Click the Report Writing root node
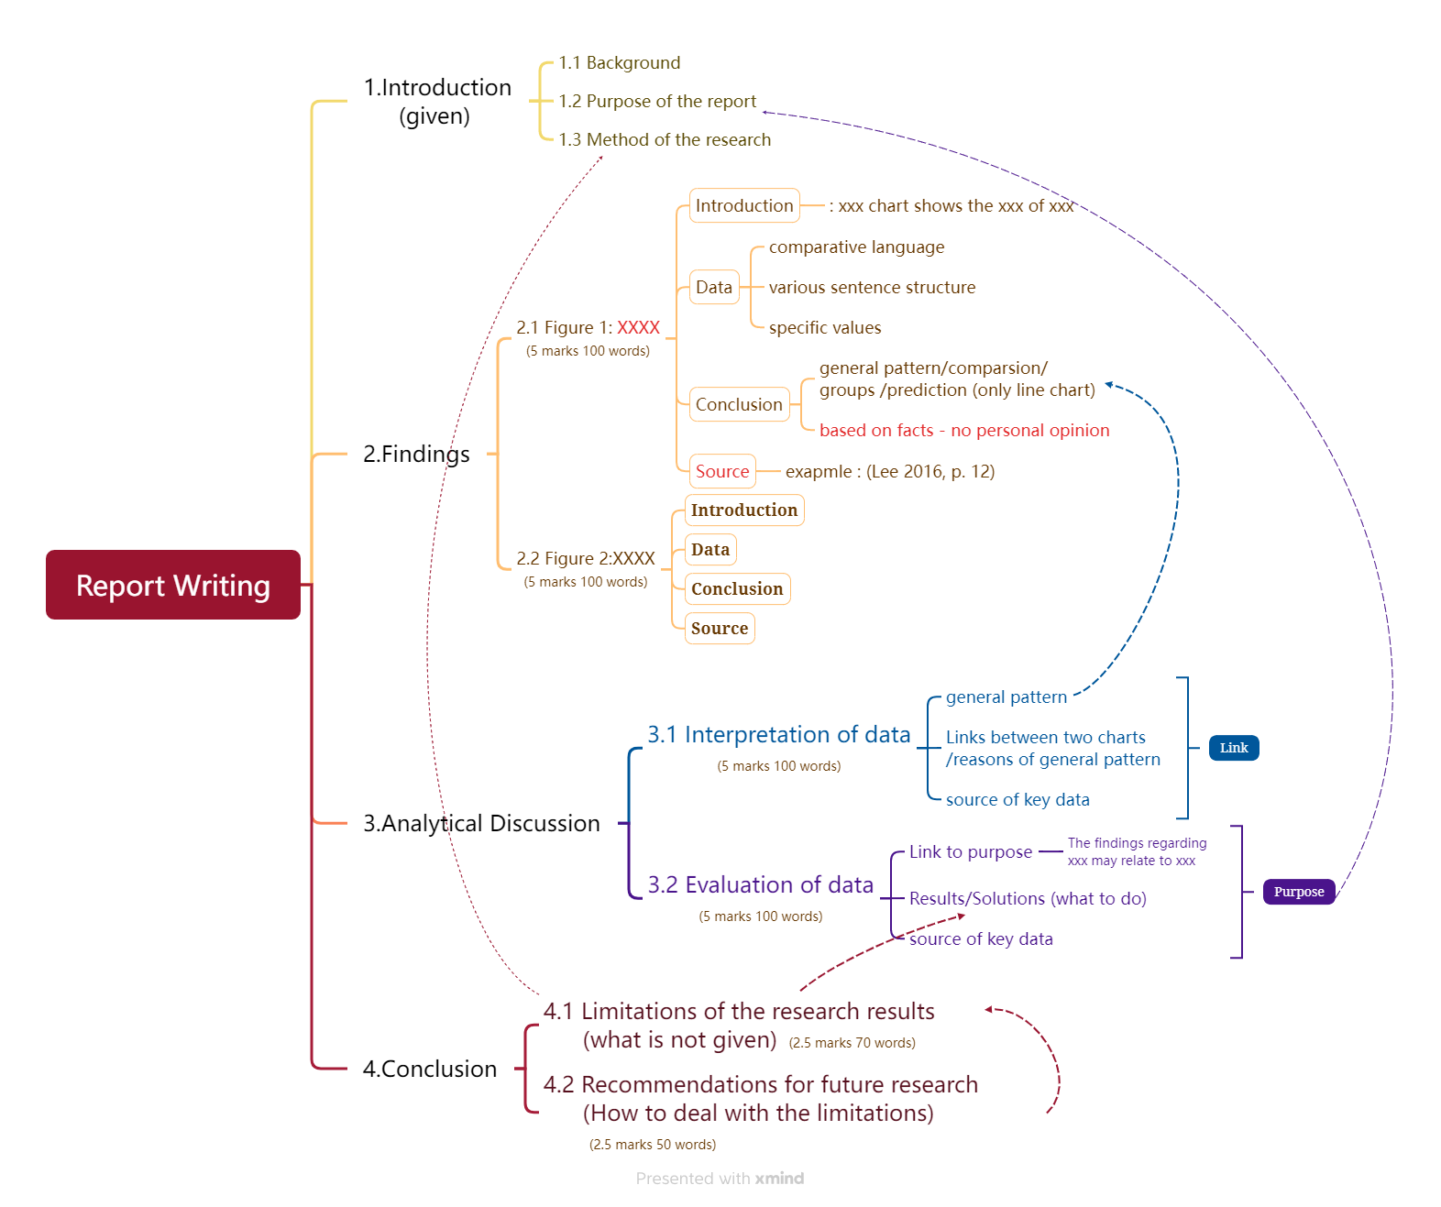pyautogui.click(x=173, y=585)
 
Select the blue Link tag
pyautogui.click(x=1233, y=748)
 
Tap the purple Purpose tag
pyautogui.click(x=1298, y=892)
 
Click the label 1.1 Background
pyautogui.click(x=620, y=63)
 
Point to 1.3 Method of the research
pyautogui.click(x=665, y=140)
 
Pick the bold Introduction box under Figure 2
pyautogui.click(x=743, y=510)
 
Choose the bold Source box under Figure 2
pyautogui.click(x=719, y=629)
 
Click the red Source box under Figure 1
pyautogui.click(x=721, y=472)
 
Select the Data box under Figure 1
pyautogui.click(x=713, y=288)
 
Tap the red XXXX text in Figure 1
pyautogui.click(x=638, y=328)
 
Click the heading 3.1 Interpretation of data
pyautogui.click(x=778, y=735)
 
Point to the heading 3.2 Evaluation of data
pyautogui.click(x=760, y=885)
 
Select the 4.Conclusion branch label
pyautogui.click(x=429, y=1070)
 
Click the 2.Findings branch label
pyautogui.click(x=416, y=455)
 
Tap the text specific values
pyautogui.click(x=824, y=328)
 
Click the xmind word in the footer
pyautogui.click(x=779, y=1179)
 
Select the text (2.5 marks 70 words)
pyautogui.click(x=852, y=1043)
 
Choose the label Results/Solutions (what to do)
pyautogui.click(x=1027, y=899)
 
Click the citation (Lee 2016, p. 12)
pyautogui.click(x=929, y=472)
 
